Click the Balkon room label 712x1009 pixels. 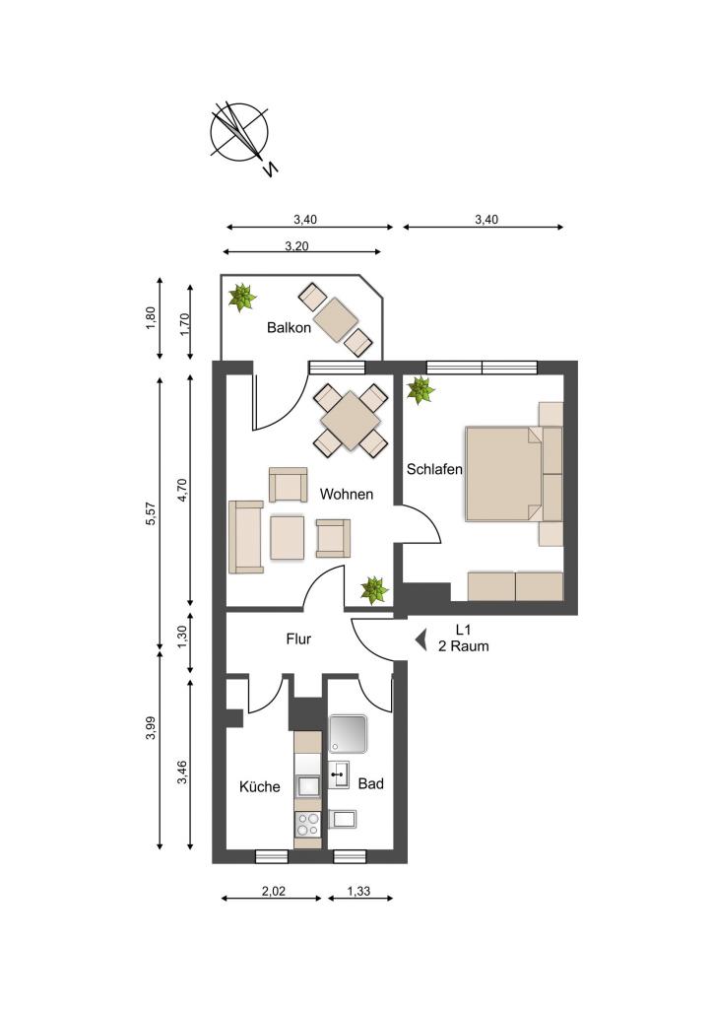[x=289, y=327]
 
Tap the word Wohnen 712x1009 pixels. [x=347, y=495]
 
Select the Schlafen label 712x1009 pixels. [x=434, y=469]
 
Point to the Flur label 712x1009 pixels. [x=298, y=639]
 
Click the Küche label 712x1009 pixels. [x=260, y=786]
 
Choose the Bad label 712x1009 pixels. [x=370, y=783]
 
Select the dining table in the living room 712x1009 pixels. [x=351, y=421]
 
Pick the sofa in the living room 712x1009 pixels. [x=245, y=537]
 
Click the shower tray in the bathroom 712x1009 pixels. [x=348, y=733]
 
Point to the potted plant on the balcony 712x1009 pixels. [x=242, y=298]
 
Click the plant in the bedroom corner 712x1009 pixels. [x=420, y=390]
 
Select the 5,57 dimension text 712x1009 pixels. [x=151, y=512]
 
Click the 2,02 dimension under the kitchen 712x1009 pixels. [x=274, y=891]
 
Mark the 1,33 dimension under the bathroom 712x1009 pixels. [x=358, y=891]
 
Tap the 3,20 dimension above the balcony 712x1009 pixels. [x=296, y=245]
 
